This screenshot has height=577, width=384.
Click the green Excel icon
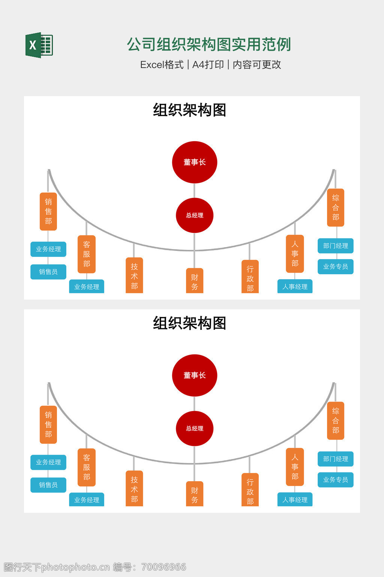pyautogui.click(x=39, y=45)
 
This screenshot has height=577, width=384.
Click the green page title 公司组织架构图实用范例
pyautogui.click(x=209, y=44)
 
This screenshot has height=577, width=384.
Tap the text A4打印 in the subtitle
pyautogui.click(x=208, y=65)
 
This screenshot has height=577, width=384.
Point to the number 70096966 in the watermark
pyautogui.click(x=163, y=567)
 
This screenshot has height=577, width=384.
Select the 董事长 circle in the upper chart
pyautogui.click(x=194, y=162)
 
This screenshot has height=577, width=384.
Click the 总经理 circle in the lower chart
pyautogui.click(x=194, y=428)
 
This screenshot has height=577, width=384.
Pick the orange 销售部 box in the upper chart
pyautogui.click(x=48, y=211)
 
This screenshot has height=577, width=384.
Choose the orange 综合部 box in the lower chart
pyautogui.click(x=336, y=421)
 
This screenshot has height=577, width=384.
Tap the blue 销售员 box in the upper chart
pyautogui.click(x=48, y=272)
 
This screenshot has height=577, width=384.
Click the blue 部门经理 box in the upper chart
pyautogui.click(x=336, y=246)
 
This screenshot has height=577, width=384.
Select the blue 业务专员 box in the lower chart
pyautogui.click(x=336, y=480)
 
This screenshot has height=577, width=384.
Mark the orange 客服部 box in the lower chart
pyautogui.click(x=87, y=467)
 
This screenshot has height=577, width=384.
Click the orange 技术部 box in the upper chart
pyautogui.click(x=134, y=276)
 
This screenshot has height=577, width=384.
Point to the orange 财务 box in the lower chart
pyautogui.click(x=195, y=494)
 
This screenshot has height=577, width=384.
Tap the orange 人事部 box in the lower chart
pyautogui.click(x=295, y=467)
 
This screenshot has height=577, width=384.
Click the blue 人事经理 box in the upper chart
pyautogui.click(x=295, y=287)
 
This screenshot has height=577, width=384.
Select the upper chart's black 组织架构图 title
pyautogui.click(x=189, y=110)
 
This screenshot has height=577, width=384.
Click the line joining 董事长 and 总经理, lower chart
pyautogui.click(x=194, y=404)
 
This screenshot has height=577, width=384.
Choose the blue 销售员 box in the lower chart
pyautogui.click(x=48, y=485)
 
